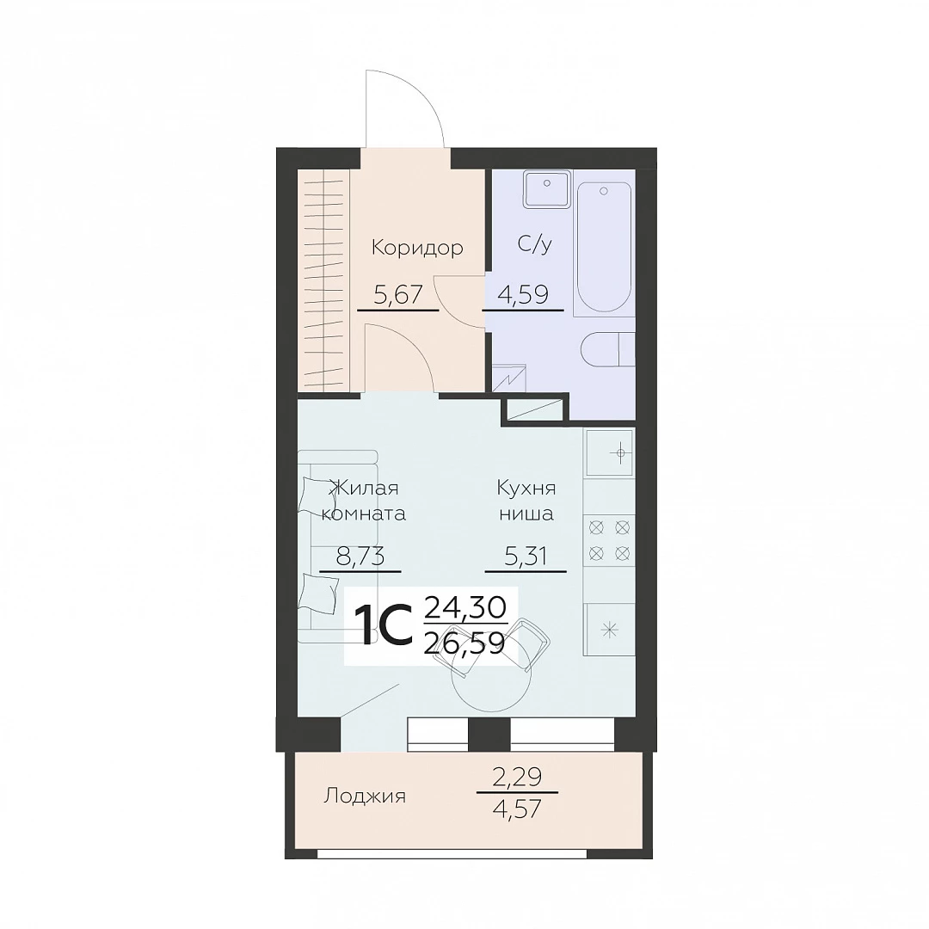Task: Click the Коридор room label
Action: pyautogui.click(x=417, y=249)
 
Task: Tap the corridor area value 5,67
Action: pyautogui.click(x=397, y=294)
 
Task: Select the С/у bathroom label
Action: pyautogui.click(x=534, y=244)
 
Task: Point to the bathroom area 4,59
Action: pyautogui.click(x=524, y=294)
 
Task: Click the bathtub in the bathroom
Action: pyautogui.click(x=604, y=247)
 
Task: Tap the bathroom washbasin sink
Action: pyautogui.click(x=546, y=189)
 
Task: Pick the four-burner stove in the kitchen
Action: pyautogui.click(x=609, y=540)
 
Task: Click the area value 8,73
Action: pyautogui.click(x=360, y=557)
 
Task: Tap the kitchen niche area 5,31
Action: pyautogui.click(x=526, y=557)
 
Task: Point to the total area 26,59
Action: pyautogui.click(x=465, y=643)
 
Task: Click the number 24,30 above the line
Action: pyautogui.click(x=465, y=606)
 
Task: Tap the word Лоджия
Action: pyautogui.click(x=365, y=797)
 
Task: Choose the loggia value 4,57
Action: pyautogui.click(x=517, y=809)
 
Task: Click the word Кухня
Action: pyautogui.click(x=526, y=489)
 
